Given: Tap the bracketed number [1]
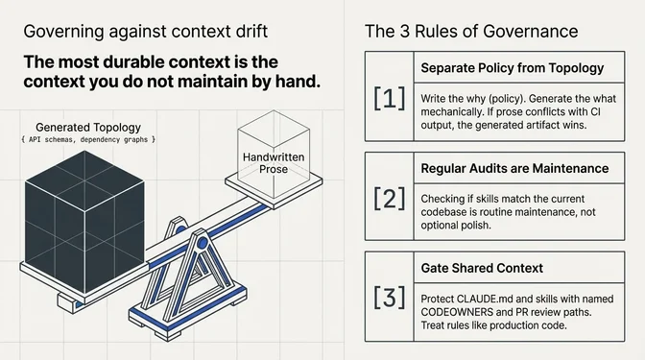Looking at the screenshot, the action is (x=388, y=99).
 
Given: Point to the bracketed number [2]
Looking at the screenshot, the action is (x=388, y=199).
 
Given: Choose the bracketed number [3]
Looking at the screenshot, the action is (x=388, y=298).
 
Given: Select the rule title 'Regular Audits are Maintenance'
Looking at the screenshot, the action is (x=514, y=168).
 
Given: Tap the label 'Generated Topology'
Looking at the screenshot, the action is (x=89, y=127).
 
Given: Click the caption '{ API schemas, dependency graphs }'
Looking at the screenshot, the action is (x=88, y=140).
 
